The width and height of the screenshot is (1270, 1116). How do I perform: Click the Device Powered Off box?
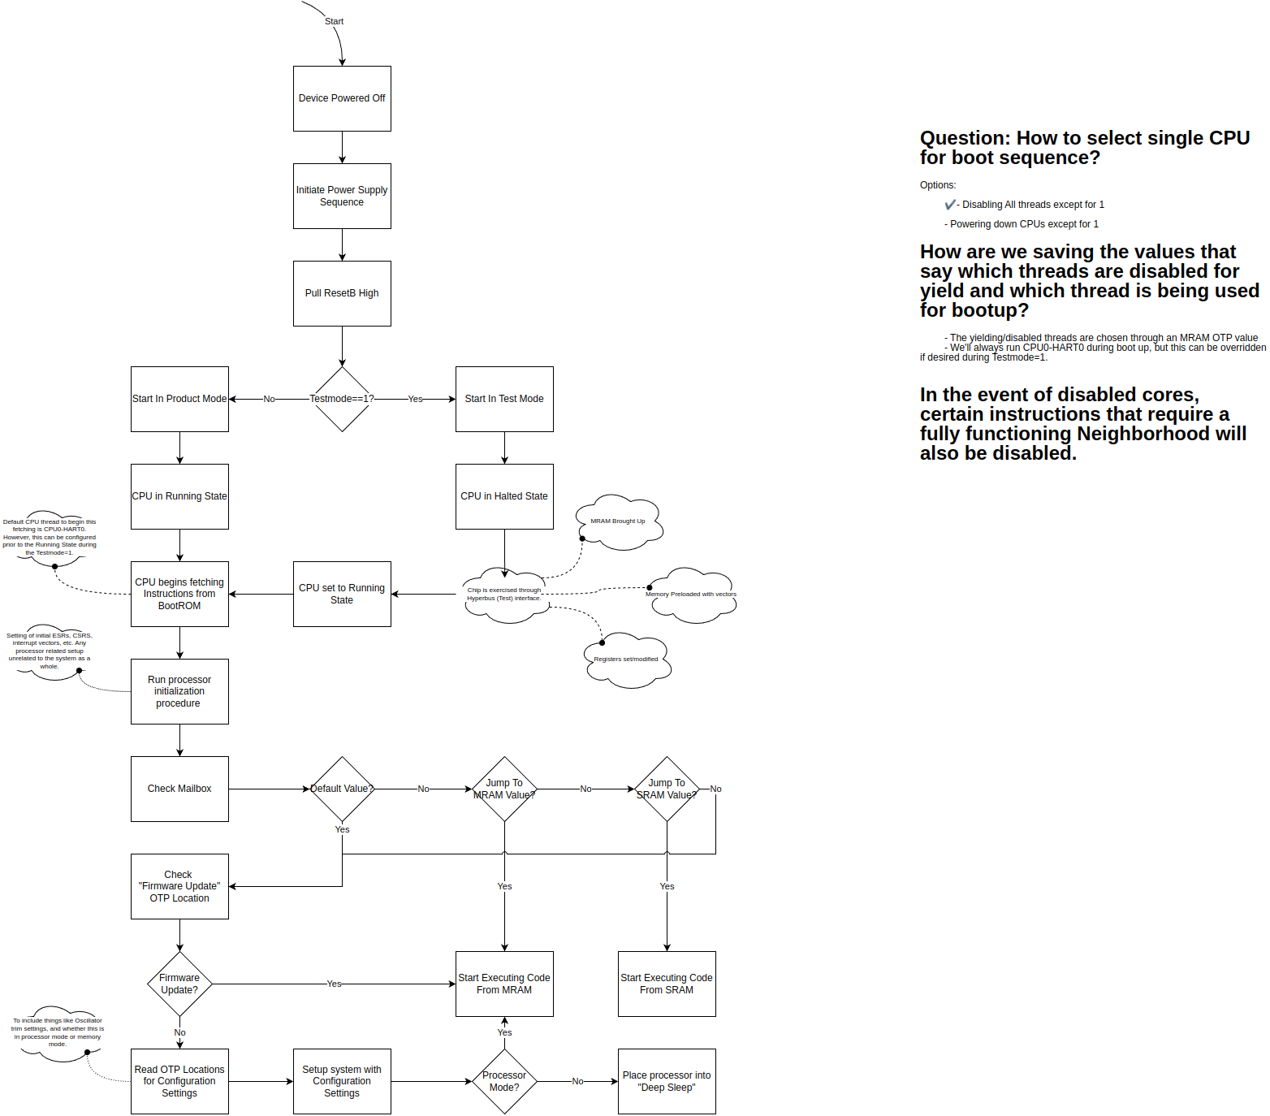point(342,98)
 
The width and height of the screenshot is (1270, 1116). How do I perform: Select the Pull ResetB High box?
point(342,293)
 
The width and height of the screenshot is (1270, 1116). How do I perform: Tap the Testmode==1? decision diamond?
point(342,399)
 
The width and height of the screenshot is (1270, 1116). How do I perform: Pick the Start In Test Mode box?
point(504,399)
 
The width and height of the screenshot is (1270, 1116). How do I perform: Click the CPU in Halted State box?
point(504,496)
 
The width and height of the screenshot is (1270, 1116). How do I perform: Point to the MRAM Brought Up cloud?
point(619,521)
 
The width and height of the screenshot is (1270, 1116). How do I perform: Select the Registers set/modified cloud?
point(627,660)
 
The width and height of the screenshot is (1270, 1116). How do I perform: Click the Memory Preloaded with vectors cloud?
point(692,595)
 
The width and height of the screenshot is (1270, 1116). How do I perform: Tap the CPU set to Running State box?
point(342,594)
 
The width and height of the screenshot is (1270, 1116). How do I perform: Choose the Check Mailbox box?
point(179,789)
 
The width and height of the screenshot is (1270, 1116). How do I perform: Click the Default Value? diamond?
point(342,789)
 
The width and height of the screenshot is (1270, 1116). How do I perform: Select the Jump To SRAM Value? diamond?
point(667,789)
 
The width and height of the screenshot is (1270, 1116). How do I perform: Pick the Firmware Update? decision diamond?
point(179,984)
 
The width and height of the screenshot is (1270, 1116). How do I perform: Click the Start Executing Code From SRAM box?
point(667,984)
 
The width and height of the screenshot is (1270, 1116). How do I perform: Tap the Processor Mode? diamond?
point(504,1081)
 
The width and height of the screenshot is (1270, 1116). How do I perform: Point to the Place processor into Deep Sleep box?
point(667,1081)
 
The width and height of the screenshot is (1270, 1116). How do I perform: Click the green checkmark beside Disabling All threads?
point(950,205)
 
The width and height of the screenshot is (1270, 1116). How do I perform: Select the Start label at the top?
point(334,22)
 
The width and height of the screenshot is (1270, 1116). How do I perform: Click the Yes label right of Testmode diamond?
point(415,399)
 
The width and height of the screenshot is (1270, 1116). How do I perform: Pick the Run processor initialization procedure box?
point(179,691)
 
